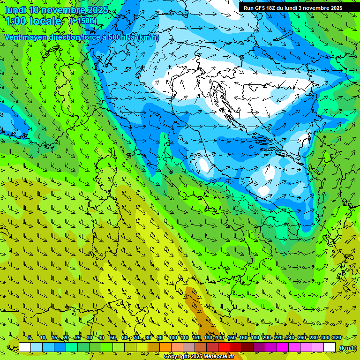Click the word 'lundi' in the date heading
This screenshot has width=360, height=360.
pos(15,10)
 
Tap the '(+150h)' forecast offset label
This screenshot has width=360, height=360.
pos(83,21)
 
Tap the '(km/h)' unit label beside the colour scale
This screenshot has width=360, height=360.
pos(348,348)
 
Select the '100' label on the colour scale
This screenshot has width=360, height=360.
pos(173,337)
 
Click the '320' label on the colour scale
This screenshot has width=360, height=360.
pos(337,337)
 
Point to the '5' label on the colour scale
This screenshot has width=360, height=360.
pos(30,337)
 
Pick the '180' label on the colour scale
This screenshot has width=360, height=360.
pos(255,337)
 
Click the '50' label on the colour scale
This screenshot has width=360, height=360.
pos(113,337)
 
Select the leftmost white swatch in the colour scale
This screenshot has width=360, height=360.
pos(25,347)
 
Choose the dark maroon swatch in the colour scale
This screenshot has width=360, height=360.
pos(247,347)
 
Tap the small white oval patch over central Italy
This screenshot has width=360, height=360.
pos(204,165)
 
